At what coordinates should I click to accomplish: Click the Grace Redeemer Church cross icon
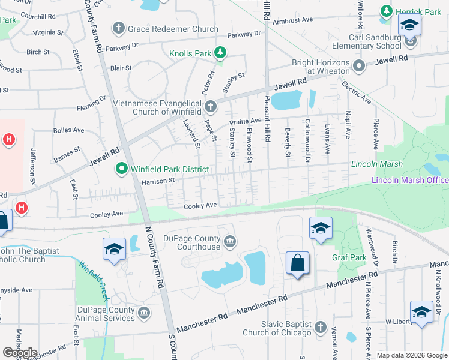(x=119, y=28)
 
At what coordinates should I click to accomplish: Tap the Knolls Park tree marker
(x=220, y=53)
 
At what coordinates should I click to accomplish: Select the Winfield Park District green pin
(x=122, y=169)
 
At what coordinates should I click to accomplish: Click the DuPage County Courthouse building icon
(x=229, y=242)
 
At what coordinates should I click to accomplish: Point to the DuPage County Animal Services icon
(x=144, y=313)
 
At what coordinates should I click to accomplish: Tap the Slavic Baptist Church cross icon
(x=321, y=328)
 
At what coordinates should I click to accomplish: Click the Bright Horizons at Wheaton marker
(x=359, y=66)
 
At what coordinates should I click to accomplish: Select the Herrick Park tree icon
(x=387, y=11)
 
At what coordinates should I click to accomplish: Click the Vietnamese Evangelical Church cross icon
(x=211, y=107)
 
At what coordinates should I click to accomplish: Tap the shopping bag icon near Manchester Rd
(x=297, y=263)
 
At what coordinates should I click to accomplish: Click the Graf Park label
(x=349, y=258)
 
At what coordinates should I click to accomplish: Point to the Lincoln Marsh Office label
(x=409, y=180)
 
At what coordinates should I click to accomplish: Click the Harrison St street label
(x=157, y=180)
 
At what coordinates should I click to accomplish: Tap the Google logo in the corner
(x=20, y=353)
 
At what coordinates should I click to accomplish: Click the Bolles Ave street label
(x=68, y=130)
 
